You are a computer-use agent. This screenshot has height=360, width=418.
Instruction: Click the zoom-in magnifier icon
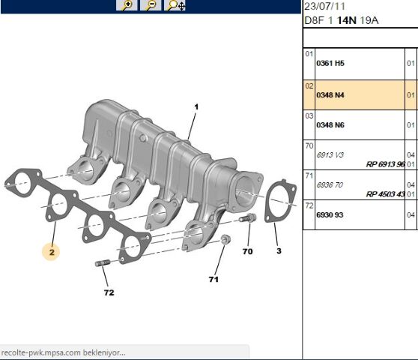point(128,4)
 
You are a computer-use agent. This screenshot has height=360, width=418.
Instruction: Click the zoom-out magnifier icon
point(151,4)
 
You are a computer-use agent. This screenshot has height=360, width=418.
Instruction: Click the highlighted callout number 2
point(52,253)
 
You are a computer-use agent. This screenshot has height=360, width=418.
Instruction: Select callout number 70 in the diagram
point(247,251)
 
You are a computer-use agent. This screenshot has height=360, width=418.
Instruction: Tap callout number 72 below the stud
point(109,292)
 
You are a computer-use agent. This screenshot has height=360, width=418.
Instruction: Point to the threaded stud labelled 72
point(103,262)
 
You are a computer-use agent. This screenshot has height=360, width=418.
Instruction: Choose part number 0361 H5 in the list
point(330,64)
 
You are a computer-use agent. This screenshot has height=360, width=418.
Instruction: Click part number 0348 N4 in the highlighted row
point(330,95)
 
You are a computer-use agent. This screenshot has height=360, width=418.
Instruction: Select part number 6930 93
point(330,214)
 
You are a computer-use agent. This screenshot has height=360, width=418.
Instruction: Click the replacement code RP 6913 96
point(385,163)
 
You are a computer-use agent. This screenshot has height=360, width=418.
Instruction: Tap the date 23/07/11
point(324,5)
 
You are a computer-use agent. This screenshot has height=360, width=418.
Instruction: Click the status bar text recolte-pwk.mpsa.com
point(63,352)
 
